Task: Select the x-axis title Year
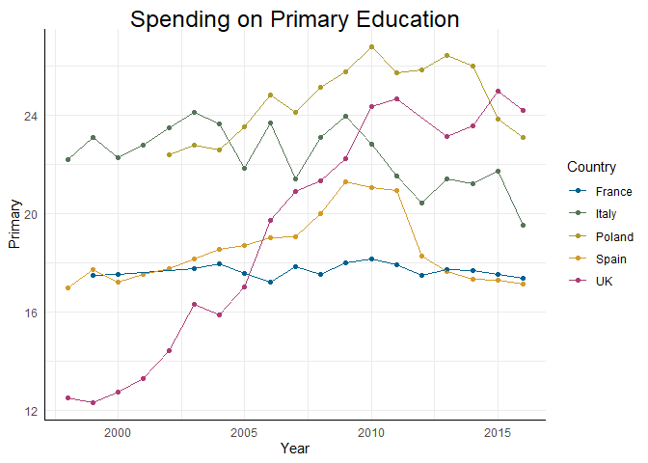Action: click(294, 448)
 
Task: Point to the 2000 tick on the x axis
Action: click(118, 431)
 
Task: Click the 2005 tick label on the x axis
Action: click(244, 431)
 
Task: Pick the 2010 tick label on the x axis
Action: click(371, 431)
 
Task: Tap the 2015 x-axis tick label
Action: click(498, 431)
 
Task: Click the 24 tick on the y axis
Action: click(32, 116)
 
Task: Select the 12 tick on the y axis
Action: click(32, 412)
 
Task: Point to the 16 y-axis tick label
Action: click(32, 313)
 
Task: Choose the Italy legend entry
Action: click(608, 213)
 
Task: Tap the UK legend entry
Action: click(605, 281)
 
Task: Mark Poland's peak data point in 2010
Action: click(371, 46)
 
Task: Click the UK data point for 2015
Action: click(498, 91)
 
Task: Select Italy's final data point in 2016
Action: click(523, 226)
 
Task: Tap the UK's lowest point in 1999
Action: click(93, 402)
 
